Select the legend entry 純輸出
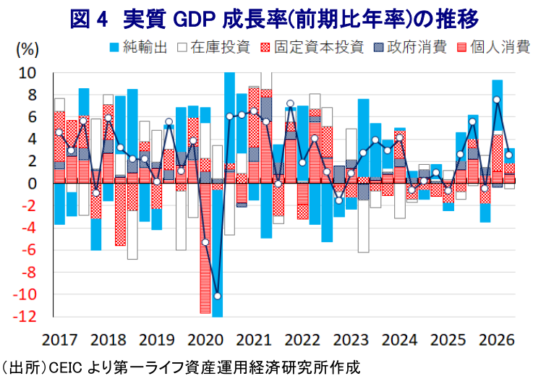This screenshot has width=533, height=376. [x=138, y=47]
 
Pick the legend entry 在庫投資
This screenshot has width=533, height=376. [x=214, y=47]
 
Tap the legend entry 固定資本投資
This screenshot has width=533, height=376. [x=312, y=47]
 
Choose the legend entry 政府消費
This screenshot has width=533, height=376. [x=410, y=47]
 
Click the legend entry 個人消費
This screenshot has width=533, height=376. [x=493, y=47]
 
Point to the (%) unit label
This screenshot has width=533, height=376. [x=27, y=50]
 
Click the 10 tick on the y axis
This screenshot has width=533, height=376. [x=27, y=73]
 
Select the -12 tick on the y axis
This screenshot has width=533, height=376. [x=24, y=317]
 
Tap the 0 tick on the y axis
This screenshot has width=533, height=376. [x=32, y=184]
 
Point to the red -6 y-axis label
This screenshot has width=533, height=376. [x=29, y=250]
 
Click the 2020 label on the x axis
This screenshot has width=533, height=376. [x=205, y=340]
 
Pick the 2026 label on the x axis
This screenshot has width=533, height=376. [x=496, y=340]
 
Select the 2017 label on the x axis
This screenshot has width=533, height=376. [x=59, y=340]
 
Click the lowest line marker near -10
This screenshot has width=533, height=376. [x=217, y=296]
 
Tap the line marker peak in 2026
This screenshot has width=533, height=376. [x=497, y=100]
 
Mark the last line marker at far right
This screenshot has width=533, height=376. [x=509, y=155]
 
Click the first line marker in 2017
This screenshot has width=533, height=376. [x=59, y=132]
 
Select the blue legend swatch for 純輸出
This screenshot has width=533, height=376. [x=114, y=48]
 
